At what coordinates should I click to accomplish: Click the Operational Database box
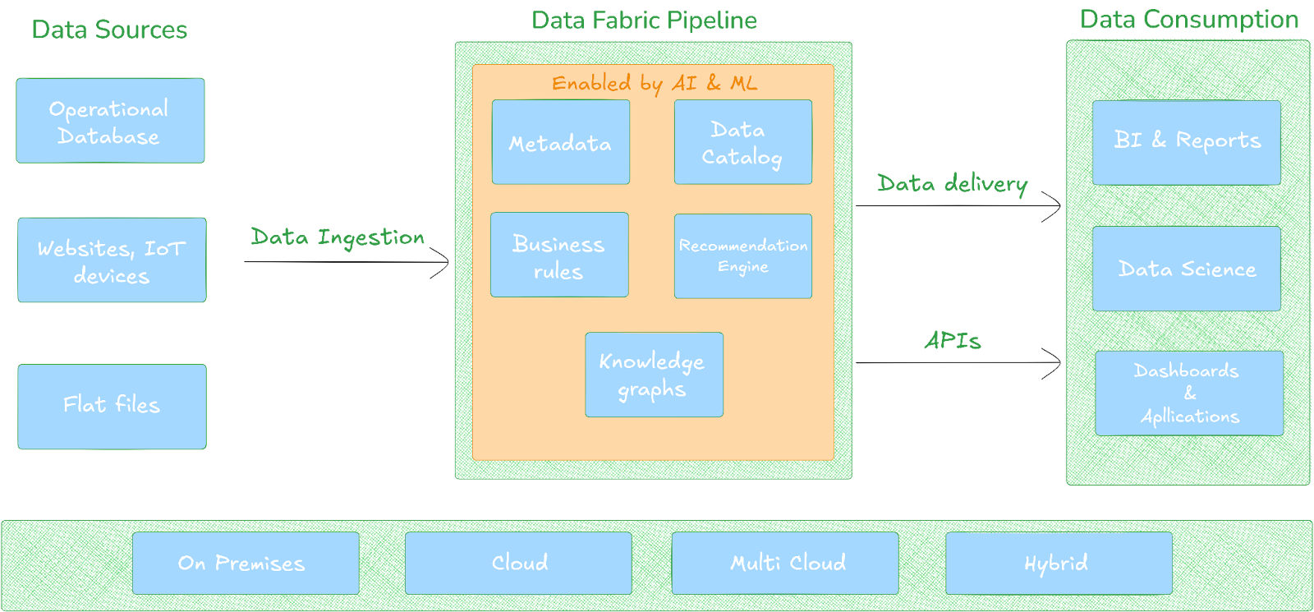[110, 121]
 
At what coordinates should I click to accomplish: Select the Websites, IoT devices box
[112, 260]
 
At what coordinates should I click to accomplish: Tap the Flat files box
[112, 407]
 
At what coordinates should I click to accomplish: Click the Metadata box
[561, 142]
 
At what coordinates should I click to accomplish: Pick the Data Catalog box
[742, 142]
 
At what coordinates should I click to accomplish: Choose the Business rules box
[559, 255]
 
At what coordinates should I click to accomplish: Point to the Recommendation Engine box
[742, 256]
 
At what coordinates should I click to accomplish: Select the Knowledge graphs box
[654, 375]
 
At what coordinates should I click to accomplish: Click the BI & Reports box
[1186, 142]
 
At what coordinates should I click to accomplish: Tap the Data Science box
[1186, 269]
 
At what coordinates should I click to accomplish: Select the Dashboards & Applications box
[1188, 393]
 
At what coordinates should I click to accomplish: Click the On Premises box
[245, 564]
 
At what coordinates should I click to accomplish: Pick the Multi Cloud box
[784, 564]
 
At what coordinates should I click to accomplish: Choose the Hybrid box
[1058, 564]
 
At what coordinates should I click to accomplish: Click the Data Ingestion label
[338, 237]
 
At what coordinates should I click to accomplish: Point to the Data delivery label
[952, 183]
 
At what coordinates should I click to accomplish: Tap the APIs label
[952, 340]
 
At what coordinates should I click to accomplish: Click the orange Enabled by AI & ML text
[654, 83]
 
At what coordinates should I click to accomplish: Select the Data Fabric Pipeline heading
[644, 21]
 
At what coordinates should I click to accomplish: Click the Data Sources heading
[109, 30]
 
